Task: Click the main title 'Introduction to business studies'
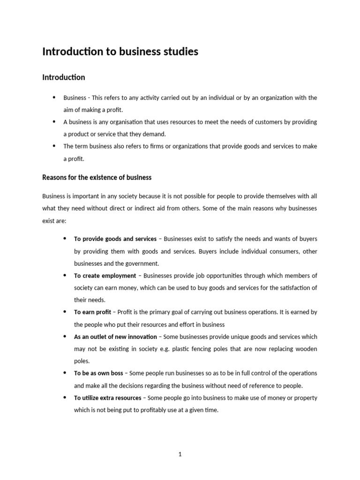120,52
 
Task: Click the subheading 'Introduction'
64,77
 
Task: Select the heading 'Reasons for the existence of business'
97,178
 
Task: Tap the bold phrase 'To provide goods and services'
115,239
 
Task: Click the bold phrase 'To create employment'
105,276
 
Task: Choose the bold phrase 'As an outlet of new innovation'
115,337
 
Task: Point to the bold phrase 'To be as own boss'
98,373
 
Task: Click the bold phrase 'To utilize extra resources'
107,398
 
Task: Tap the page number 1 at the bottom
180,454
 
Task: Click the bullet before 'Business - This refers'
53,97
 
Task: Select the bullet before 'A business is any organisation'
53,121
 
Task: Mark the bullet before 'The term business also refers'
53,146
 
